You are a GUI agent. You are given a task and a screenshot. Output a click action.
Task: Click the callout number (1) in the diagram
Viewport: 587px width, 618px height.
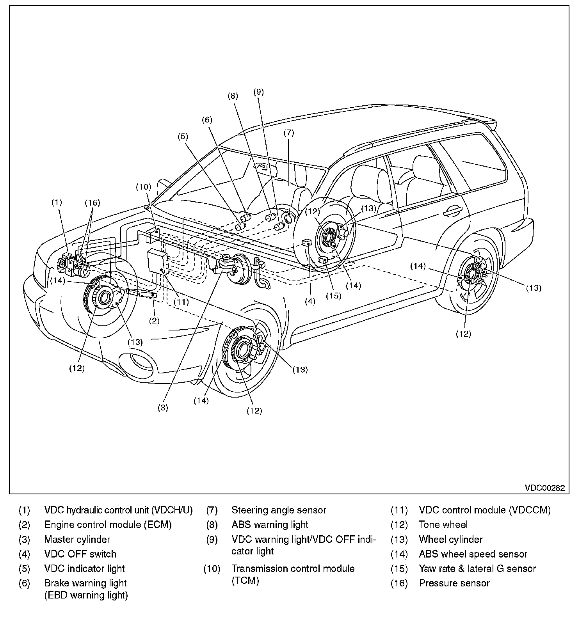(x=57, y=202)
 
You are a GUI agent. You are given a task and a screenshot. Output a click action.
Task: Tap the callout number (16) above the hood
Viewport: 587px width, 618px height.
(x=92, y=202)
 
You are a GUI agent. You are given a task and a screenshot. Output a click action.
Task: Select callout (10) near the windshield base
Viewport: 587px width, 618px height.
(x=143, y=186)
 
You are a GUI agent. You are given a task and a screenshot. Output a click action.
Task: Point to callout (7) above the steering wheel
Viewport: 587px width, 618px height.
(x=288, y=133)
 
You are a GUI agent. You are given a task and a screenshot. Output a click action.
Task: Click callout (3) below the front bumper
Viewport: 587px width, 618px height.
(x=163, y=407)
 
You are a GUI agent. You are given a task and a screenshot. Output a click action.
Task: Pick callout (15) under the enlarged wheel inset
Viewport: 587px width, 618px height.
(x=334, y=295)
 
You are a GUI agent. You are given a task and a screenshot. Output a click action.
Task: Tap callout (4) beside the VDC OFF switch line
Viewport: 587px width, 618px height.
(x=310, y=301)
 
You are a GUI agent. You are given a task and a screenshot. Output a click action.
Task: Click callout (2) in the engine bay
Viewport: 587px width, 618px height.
(x=155, y=321)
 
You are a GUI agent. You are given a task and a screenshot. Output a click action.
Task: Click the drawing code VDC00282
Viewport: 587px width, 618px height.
(x=544, y=488)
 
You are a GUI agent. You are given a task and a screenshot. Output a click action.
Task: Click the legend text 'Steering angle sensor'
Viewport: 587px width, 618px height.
(x=279, y=510)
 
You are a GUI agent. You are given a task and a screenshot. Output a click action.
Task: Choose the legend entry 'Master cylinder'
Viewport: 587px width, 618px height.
(x=77, y=539)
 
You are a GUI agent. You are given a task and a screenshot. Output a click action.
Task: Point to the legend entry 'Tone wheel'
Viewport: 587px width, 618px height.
(x=443, y=524)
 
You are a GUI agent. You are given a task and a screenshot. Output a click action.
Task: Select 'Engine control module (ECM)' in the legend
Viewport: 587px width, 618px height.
(x=108, y=524)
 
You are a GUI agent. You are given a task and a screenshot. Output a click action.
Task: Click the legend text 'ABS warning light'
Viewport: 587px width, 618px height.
(x=270, y=524)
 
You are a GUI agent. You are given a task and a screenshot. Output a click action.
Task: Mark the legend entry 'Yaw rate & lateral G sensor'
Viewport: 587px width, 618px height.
(x=477, y=568)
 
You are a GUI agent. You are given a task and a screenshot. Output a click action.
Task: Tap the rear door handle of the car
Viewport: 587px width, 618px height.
(x=452, y=211)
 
